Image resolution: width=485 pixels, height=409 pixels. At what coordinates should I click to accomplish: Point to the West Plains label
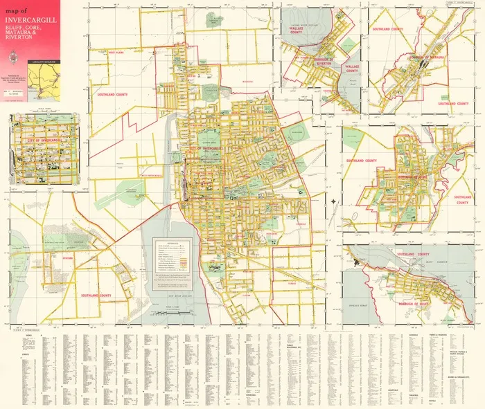click(116, 52)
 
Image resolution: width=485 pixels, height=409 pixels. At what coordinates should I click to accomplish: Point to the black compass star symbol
click(334, 202)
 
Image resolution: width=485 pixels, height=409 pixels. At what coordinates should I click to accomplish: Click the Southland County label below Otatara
click(96, 296)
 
